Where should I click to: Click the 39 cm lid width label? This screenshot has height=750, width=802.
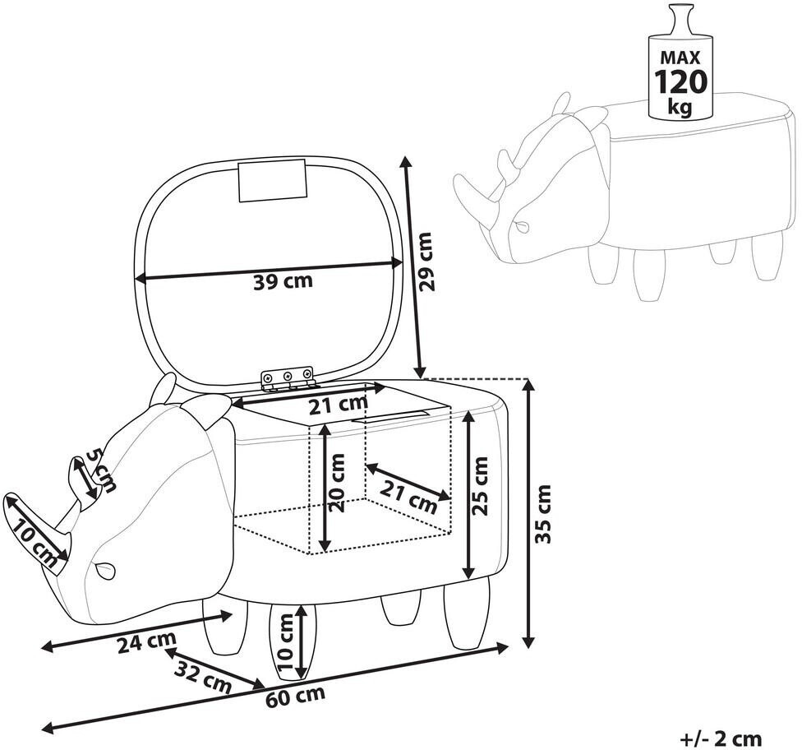coord(283,281)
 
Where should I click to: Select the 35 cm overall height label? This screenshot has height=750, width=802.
coord(542,513)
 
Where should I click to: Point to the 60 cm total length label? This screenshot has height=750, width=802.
coord(295,696)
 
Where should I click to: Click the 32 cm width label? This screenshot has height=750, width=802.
coord(202,677)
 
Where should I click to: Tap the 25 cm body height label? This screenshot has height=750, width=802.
coord(479,486)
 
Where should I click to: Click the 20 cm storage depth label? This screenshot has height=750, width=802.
coord(337,483)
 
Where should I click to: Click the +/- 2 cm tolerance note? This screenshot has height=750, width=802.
coord(721,738)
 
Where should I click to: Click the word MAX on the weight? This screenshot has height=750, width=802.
coord(680,57)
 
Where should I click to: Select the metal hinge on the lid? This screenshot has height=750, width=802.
coord(288,377)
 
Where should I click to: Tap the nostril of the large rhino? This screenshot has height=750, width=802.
coord(104,569)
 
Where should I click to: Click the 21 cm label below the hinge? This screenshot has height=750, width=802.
coord(338,405)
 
